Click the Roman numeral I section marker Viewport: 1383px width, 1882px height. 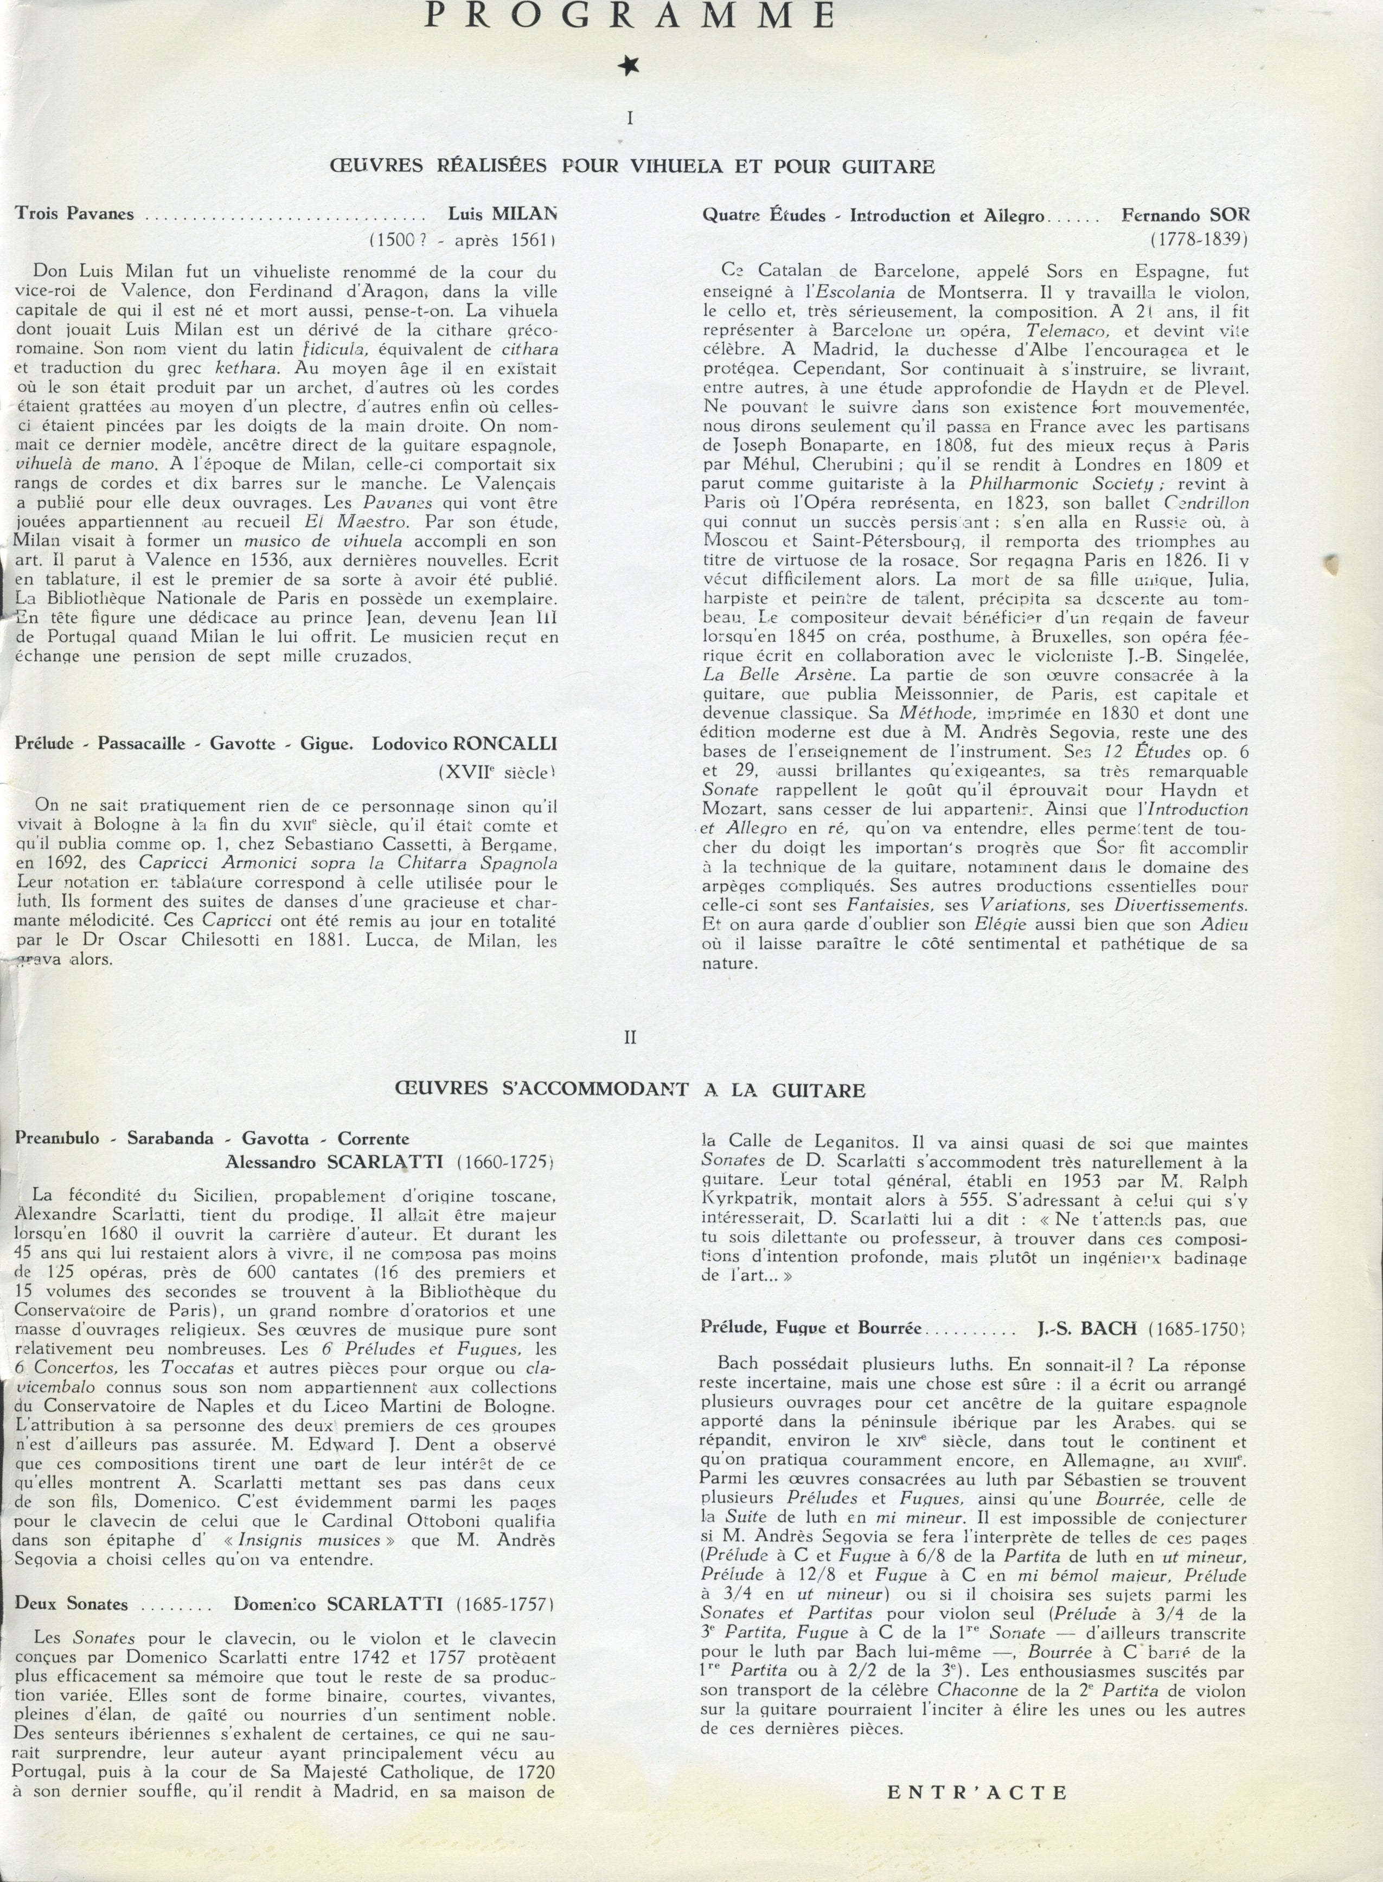[x=630, y=118]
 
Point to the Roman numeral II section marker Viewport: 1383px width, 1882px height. [x=630, y=1037]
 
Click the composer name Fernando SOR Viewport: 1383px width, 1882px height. [x=1184, y=215]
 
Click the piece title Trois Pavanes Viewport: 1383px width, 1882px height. [x=74, y=214]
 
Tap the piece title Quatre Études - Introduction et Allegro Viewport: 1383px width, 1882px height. [x=873, y=216]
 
